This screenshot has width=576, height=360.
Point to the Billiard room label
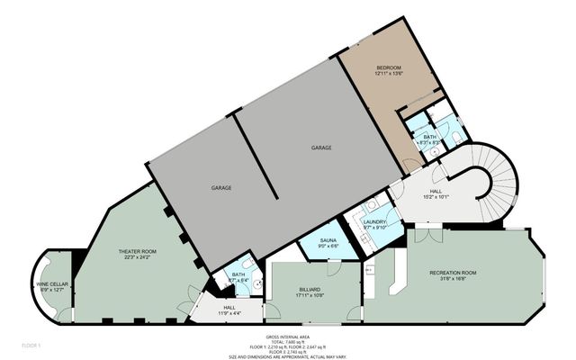[309, 290]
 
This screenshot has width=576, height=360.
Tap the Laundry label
[373, 222]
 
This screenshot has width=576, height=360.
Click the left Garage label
[221, 188]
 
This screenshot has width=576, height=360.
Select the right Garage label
[321, 147]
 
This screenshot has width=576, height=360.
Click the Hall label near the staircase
[436, 191]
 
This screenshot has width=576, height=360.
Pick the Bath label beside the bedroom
[429, 137]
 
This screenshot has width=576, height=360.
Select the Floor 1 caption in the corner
[31, 344]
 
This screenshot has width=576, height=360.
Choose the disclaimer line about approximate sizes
[287, 356]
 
